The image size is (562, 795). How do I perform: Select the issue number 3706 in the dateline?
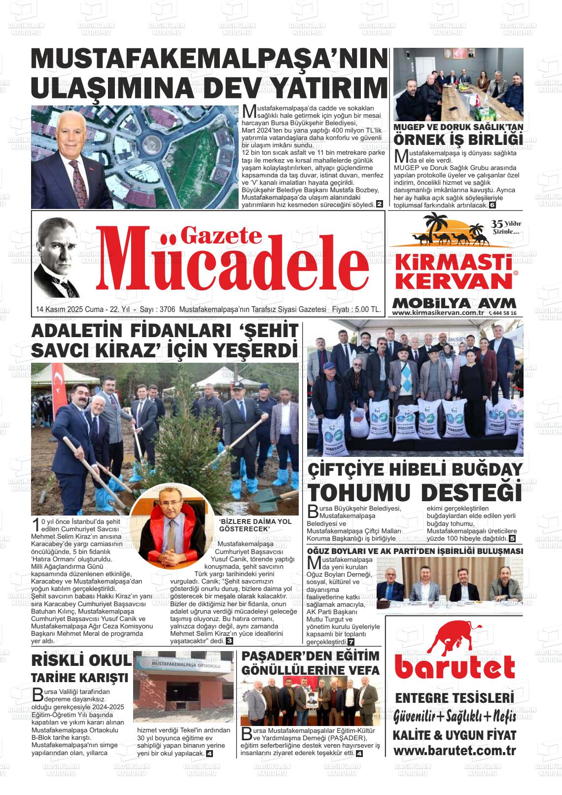pos(168,310)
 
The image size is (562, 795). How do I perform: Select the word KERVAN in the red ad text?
pos(454,281)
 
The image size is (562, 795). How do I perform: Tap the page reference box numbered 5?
pos(512,539)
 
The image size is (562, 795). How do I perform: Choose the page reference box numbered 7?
pos(351,642)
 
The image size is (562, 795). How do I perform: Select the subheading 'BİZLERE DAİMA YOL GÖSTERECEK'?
pos(255,525)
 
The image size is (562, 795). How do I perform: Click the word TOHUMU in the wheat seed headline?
pos(360,492)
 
